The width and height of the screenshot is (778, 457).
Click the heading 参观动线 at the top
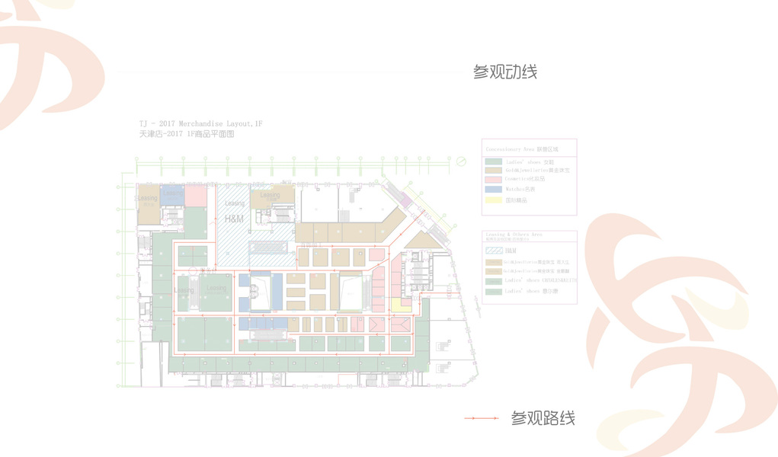(504, 72)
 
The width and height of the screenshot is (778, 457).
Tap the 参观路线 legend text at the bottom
(543, 418)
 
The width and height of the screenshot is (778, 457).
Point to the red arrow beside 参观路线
(482, 418)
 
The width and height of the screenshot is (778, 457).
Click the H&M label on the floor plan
(234, 219)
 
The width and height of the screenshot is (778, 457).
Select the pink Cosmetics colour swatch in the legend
(494, 180)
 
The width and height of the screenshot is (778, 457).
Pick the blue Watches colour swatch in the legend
(494, 190)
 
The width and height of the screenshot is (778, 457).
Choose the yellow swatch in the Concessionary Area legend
(494, 200)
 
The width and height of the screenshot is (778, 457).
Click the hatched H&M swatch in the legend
(494, 250)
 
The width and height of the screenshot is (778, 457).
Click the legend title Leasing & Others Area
(513, 234)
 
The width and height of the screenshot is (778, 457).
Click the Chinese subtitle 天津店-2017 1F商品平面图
(186, 133)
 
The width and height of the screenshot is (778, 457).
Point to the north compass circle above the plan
(460, 161)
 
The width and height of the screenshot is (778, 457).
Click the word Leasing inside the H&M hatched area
(235, 203)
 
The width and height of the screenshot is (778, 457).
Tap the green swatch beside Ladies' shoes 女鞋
(494, 161)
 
